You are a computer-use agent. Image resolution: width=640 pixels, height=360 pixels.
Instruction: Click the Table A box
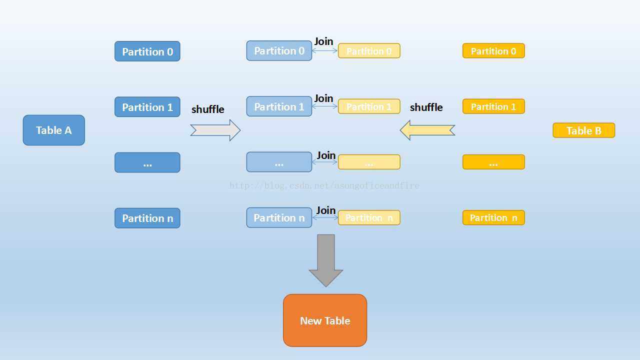coord(54,130)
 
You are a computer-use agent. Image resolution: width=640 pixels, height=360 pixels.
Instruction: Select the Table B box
coord(583,130)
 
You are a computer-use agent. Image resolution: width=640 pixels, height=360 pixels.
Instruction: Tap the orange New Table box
coord(325,320)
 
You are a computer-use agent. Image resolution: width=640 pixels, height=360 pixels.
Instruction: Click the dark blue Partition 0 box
coord(147,51)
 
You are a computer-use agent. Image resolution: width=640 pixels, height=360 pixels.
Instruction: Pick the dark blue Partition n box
coord(147,218)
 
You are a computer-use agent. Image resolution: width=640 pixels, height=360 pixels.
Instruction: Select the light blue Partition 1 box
coord(279,106)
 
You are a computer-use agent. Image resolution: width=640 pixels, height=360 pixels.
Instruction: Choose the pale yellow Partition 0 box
coord(369,51)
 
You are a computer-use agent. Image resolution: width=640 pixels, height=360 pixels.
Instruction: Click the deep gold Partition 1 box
coord(493,106)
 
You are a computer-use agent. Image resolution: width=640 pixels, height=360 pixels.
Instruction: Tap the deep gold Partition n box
coord(493,217)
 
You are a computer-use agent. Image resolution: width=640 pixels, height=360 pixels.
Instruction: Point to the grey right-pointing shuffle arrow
coord(215,130)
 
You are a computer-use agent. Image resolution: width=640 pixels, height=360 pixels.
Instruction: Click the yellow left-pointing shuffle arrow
coord(427,130)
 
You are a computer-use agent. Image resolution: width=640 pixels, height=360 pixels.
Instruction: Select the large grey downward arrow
coord(326,260)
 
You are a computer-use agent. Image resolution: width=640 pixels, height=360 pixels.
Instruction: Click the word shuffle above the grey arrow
coord(207,109)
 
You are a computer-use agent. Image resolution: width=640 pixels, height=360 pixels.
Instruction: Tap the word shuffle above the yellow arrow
coord(426,107)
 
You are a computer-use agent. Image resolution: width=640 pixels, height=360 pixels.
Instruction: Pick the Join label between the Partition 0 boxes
coord(323,41)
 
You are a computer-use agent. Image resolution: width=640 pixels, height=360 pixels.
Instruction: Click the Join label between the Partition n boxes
coord(325,210)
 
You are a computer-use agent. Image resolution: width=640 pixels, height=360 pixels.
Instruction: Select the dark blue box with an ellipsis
coord(147,162)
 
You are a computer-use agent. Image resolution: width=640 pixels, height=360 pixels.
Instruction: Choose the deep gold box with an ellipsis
coord(493,162)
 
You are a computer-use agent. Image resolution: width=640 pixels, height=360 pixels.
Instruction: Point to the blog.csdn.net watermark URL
coord(324,186)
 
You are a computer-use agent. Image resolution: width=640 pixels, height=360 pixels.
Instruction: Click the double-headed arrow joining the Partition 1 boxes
coord(325,106)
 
